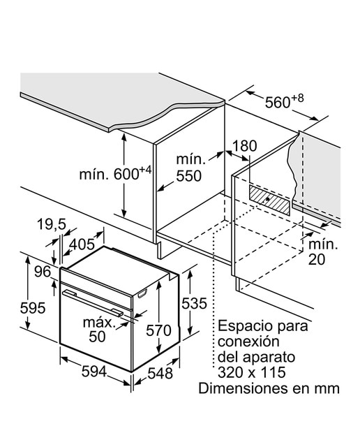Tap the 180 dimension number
coord(245,146)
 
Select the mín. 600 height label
coord(115,173)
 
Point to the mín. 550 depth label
coord(190,168)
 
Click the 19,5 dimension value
coord(52,224)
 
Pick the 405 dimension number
coord(82,244)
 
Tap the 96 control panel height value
coord(43,272)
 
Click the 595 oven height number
coord(33,308)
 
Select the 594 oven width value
coord(94,372)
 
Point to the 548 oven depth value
coord(160,373)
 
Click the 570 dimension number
coord(158,330)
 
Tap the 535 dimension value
coord(194,303)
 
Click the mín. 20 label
coord(323,252)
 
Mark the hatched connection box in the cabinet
coord(269,200)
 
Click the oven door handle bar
coord(93,302)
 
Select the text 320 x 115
coord(252,372)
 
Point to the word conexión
coord(248,342)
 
